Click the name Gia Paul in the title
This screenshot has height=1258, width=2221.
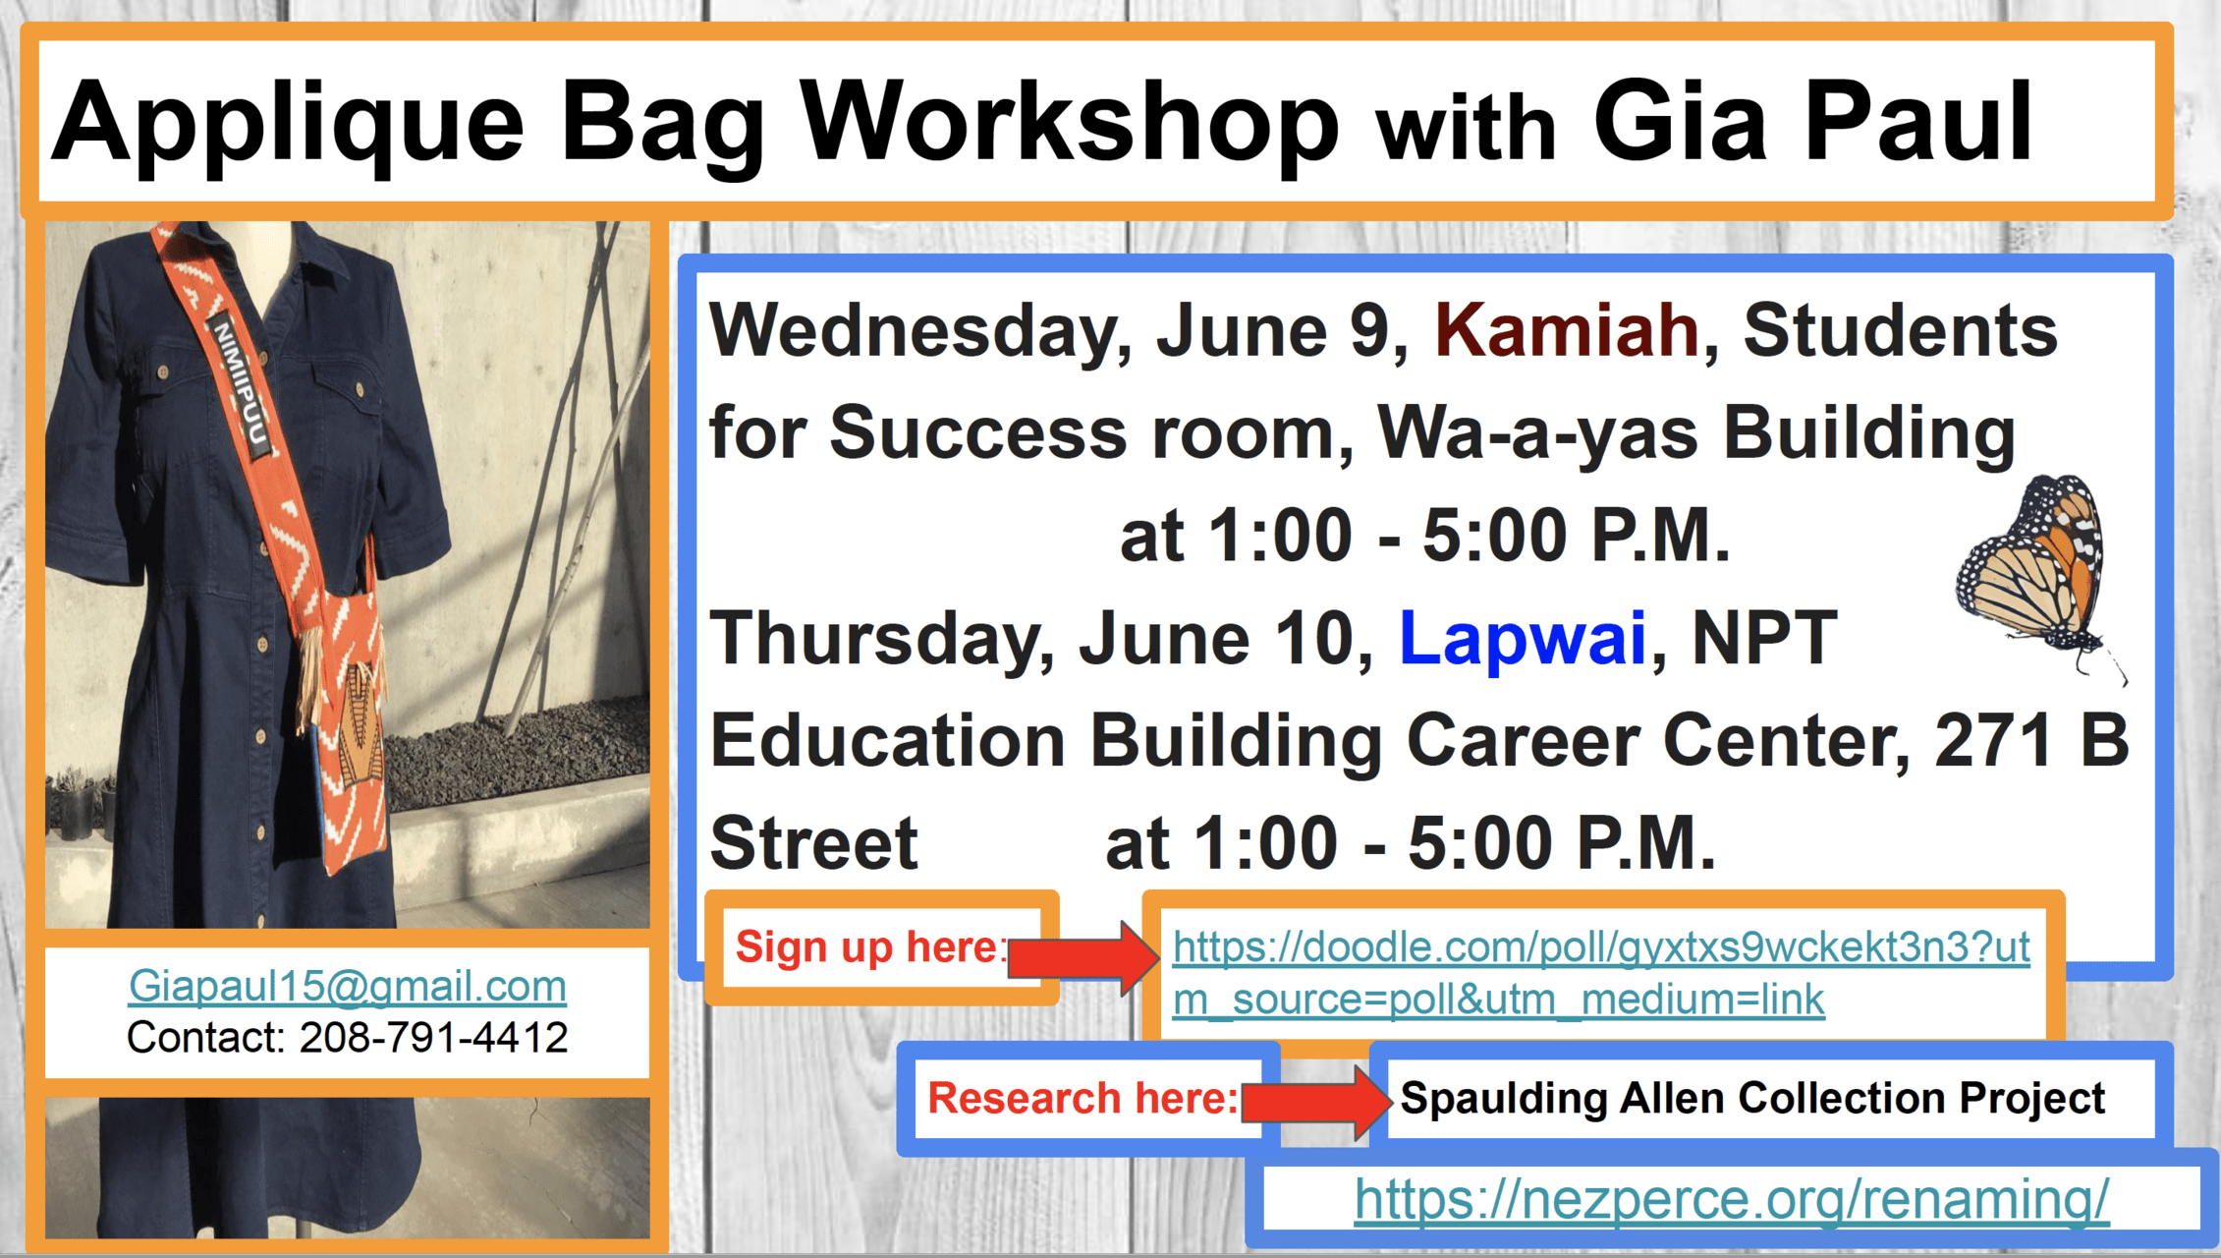[1813, 122]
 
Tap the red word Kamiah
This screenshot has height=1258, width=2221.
[1567, 330]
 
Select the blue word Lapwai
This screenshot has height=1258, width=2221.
[1523, 638]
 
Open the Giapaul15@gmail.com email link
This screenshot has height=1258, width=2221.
[348, 986]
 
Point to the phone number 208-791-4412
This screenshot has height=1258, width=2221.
[433, 1038]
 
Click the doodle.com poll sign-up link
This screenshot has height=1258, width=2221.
[1601, 973]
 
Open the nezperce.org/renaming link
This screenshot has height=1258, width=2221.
[1731, 1199]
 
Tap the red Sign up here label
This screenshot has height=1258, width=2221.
[871, 947]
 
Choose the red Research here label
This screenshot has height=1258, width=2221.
[1083, 1098]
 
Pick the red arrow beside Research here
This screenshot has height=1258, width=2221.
[1316, 1102]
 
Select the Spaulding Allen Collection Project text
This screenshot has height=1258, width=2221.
[1752, 1098]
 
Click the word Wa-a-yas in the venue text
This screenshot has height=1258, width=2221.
[1537, 432]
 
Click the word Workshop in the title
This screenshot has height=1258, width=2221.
[1070, 122]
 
